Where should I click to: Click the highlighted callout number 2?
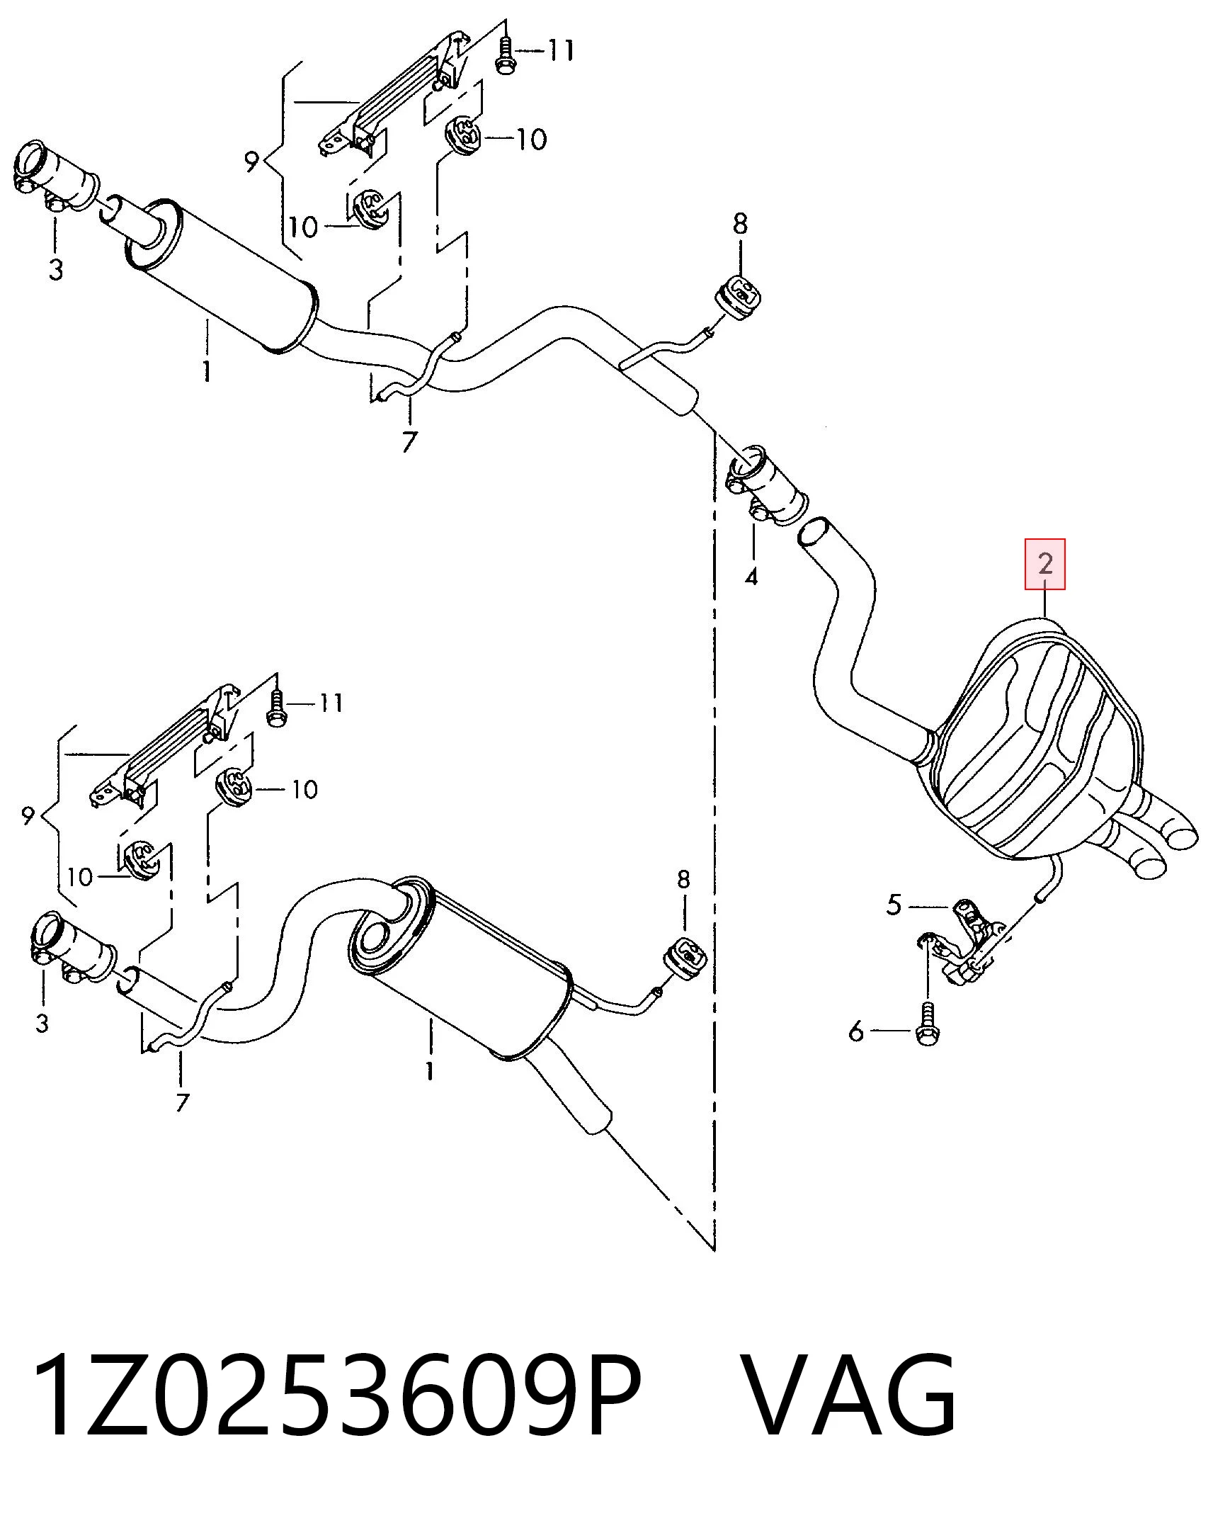(x=1045, y=564)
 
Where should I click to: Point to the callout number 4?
(x=751, y=577)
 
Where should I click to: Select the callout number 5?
(x=894, y=905)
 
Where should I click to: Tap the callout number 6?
(x=856, y=1031)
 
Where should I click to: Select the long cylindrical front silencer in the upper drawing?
(x=223, y=276)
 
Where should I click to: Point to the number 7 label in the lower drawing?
(x=182, y=1102)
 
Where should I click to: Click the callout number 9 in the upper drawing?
(x=252, y=162)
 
